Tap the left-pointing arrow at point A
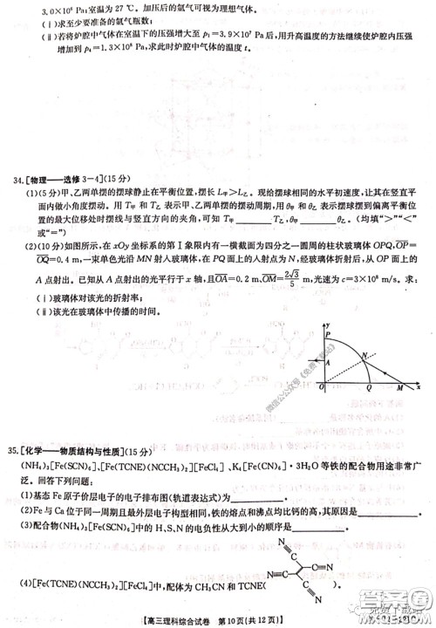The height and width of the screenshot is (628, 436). pos(319,359)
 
